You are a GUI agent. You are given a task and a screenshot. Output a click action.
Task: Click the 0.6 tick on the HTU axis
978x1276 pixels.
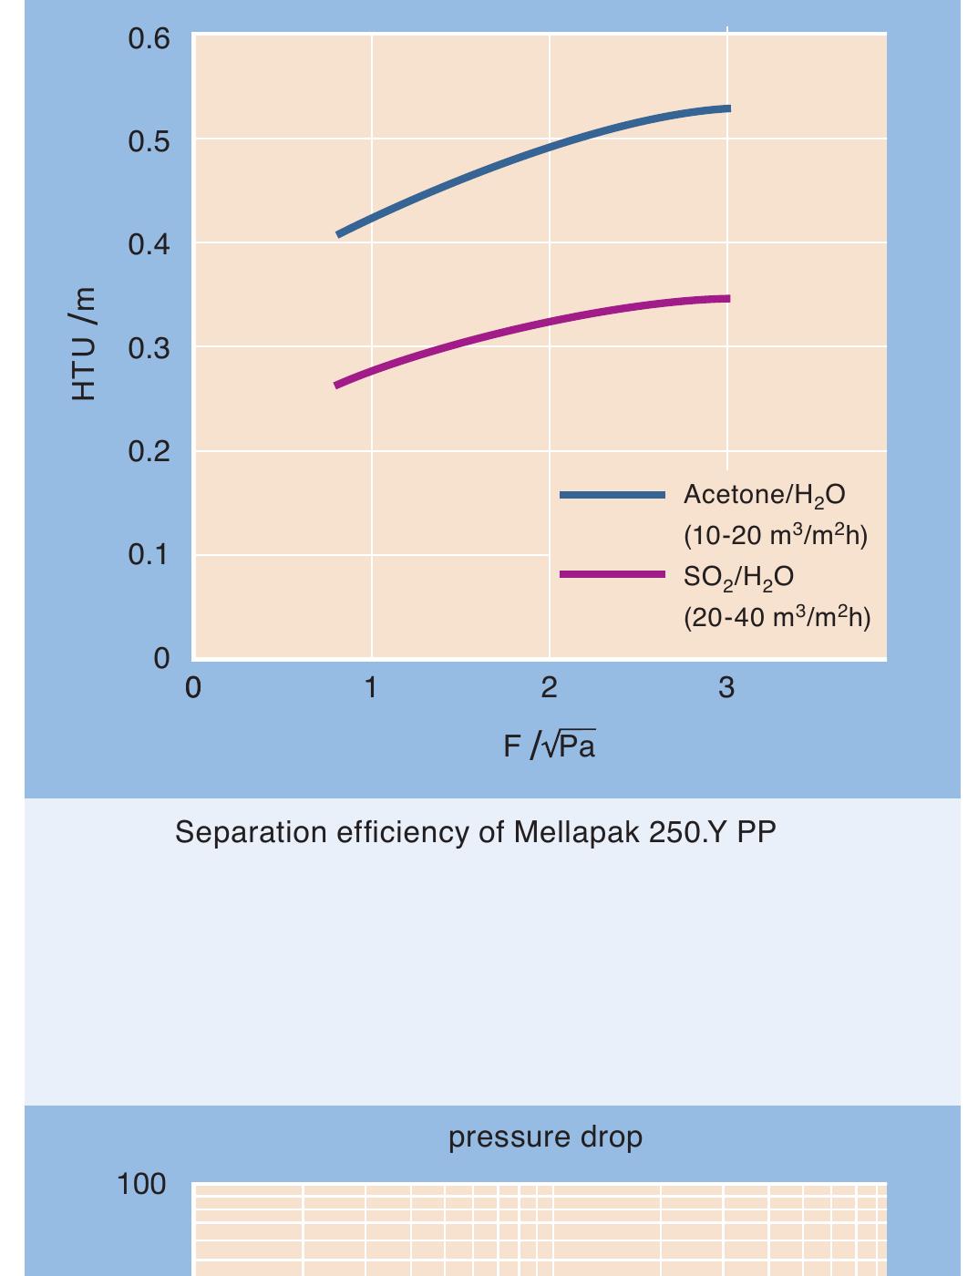point(149,38)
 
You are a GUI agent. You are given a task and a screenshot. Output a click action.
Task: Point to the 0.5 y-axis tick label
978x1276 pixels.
point(149,141)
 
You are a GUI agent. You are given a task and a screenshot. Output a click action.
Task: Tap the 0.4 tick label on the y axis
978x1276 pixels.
point(149,244)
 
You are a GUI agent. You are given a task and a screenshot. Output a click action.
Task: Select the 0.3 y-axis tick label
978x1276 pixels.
point(149,348)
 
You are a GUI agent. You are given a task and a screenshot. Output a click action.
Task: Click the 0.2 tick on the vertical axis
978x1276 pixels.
point(149,451)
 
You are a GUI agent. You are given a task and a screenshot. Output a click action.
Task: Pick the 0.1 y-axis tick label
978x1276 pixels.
point(149,554)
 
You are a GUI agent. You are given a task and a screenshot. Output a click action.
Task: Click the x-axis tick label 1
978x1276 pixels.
point(371,688)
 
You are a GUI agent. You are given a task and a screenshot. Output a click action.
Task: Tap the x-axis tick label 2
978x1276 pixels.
point(549,688)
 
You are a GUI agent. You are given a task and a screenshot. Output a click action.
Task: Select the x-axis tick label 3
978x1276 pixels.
point(726,688)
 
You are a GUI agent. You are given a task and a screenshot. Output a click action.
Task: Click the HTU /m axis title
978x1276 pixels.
point(83,344)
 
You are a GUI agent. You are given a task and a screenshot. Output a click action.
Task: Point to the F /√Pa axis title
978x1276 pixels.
point(549,746)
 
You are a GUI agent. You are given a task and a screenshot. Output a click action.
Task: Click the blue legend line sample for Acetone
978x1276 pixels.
point(612,495)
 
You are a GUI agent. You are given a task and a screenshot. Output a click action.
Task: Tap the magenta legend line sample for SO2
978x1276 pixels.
point(612,574)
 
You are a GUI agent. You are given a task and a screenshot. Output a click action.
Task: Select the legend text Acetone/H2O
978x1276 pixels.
point(764,495)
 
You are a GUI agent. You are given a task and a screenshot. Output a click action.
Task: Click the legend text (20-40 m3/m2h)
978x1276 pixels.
point(777,618)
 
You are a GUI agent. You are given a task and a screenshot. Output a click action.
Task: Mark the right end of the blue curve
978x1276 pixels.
point(728,108)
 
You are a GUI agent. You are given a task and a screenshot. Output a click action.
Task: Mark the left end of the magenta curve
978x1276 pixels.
point(337,385)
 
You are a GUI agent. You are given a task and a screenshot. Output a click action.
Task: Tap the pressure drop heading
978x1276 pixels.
point(545,1137)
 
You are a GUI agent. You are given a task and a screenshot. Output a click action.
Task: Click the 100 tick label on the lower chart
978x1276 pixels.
point(141,1184)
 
